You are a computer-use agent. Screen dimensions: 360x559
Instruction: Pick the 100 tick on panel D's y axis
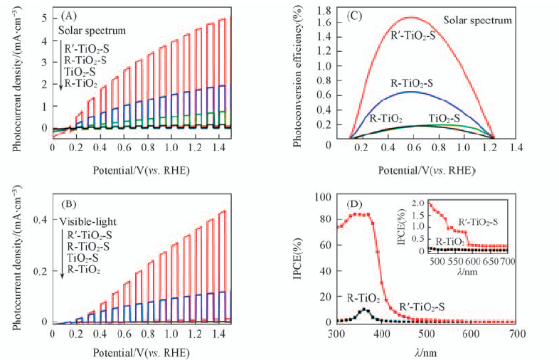pyautogui.click(x=322, y=197)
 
